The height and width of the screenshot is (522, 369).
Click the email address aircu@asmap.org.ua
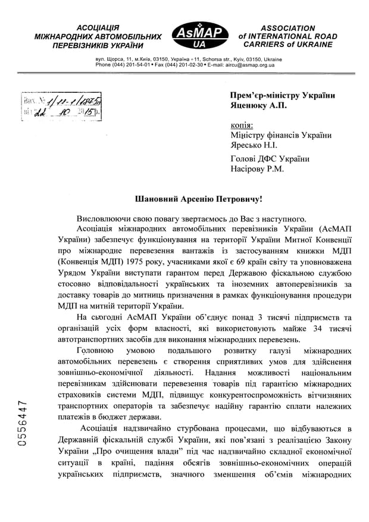249,65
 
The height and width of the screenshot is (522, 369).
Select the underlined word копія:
241,126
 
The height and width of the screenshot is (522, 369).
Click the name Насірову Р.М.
257,168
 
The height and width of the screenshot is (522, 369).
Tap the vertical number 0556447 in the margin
20,425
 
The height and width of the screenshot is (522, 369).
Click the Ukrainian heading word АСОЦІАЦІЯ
98,28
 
